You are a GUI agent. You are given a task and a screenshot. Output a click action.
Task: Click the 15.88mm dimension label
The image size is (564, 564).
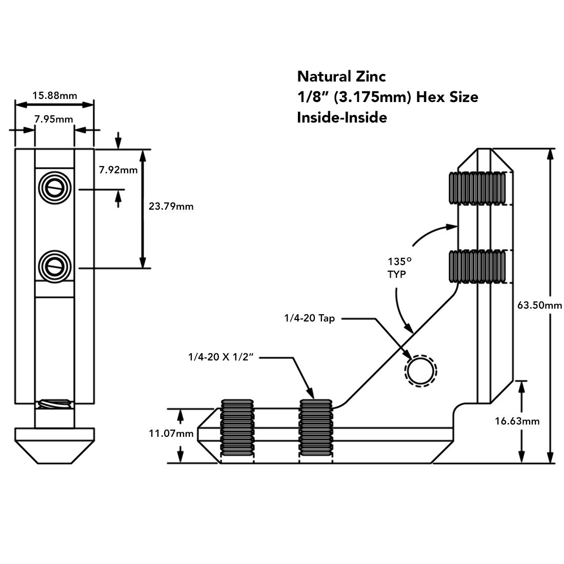54,95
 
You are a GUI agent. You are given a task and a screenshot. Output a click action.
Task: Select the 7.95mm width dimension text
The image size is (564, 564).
54,119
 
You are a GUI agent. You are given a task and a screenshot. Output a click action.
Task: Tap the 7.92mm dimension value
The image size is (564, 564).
118,170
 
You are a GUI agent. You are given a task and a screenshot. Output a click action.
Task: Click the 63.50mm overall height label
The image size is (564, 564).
539,306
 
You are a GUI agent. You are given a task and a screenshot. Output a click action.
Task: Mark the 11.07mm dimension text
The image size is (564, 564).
171,434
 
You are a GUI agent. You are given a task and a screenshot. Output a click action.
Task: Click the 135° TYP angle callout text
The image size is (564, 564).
398,268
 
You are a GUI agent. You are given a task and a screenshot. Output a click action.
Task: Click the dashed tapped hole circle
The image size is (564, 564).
420,369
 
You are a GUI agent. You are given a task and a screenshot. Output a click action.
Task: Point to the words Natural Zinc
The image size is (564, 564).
341,77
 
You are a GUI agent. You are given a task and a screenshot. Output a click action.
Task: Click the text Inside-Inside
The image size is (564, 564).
341,117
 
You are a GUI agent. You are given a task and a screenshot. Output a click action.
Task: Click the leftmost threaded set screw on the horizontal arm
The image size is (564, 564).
237,428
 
